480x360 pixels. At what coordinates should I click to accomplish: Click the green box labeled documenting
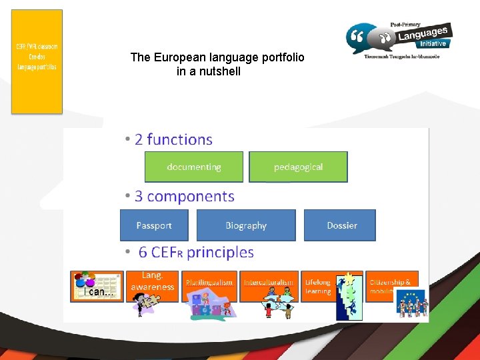194,167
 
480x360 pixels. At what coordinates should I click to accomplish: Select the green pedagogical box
298,167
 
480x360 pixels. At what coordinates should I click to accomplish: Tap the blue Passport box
154,225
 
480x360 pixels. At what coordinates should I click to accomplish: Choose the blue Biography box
246,225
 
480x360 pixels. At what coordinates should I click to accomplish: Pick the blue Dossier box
341,225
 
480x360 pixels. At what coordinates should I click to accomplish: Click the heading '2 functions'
173,139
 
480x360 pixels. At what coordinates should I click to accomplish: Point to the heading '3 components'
185,197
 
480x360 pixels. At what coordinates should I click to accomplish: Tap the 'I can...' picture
97,286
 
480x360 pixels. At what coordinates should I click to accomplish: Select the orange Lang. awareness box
152,281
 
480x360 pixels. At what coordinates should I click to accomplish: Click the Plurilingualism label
209,283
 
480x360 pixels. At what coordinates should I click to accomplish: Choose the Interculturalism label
268,283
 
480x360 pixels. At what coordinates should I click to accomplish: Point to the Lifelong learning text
318,287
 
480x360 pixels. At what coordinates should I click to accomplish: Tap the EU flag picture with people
412,303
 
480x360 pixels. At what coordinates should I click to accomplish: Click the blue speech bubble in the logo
361,39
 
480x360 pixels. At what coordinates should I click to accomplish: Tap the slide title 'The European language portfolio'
217,57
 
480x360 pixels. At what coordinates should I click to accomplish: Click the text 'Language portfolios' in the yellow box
37,67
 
